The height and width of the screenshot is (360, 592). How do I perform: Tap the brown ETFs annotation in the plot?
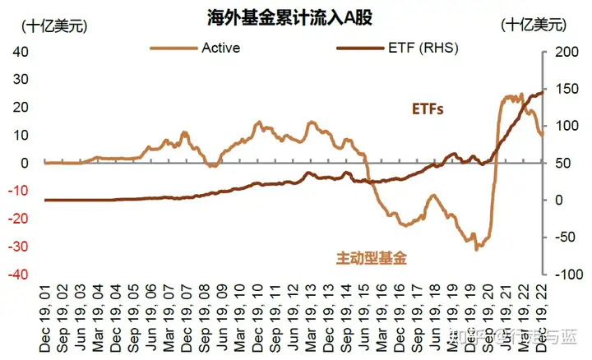[x=428, y=108]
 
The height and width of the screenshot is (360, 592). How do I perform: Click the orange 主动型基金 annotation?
[x=372, y=258]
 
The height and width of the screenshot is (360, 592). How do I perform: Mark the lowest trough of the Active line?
[x=475, y=248]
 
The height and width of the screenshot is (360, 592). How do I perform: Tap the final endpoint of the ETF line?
[x=543, y=92]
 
